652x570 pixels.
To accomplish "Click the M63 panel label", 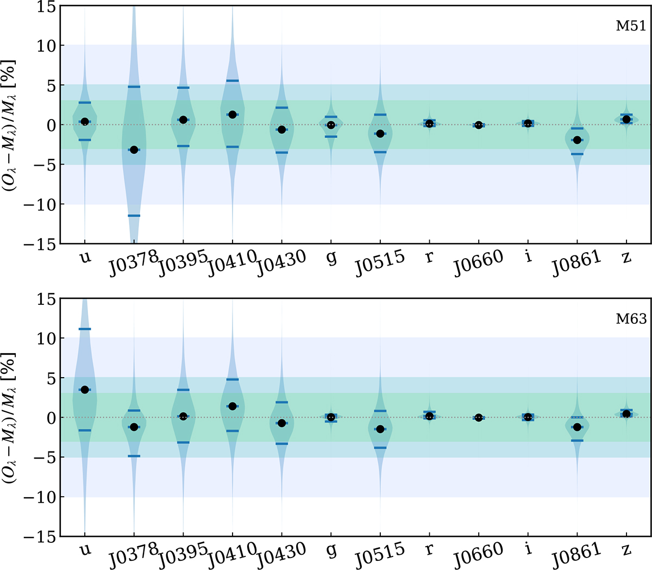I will point(631,319).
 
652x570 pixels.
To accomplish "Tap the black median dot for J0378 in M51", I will point(134,149).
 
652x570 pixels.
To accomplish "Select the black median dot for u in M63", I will point(85,390).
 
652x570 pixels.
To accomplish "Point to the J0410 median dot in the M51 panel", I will point(233,115).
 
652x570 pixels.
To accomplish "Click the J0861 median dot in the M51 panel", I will point(577,140).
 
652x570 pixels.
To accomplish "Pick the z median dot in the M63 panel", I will point(626,414).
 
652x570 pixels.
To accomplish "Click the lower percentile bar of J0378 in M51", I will point(134,216).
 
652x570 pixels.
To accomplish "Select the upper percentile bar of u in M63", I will point(85,329).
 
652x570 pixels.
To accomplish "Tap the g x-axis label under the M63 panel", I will point(331,550).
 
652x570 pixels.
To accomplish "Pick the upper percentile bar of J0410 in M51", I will point(233,81).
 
